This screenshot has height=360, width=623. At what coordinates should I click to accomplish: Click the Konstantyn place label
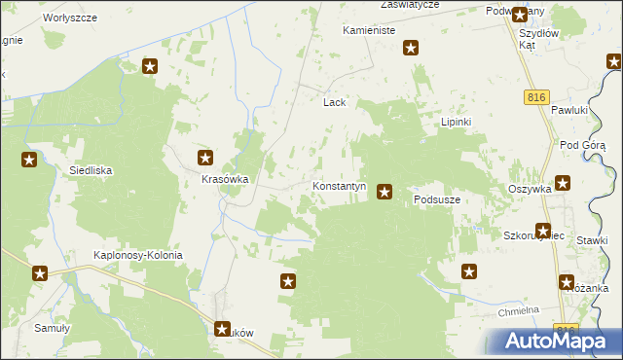coord(339,185)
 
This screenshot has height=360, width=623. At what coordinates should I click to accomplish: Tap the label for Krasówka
coord(226,180)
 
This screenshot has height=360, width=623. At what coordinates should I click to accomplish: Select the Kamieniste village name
coord(368,31)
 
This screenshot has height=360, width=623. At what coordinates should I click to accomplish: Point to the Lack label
coord(335,101)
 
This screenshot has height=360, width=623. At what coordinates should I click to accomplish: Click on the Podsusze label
coord(436,199)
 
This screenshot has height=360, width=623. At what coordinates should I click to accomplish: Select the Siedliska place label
coord(91,170)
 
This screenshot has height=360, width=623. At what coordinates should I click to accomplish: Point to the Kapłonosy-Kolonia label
coord(137,255)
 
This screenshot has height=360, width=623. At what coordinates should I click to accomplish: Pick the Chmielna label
coord(518,310)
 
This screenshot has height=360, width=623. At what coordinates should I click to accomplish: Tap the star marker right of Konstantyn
coord(385,192)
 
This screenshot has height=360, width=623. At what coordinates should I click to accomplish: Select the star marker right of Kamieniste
coord(412,48)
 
